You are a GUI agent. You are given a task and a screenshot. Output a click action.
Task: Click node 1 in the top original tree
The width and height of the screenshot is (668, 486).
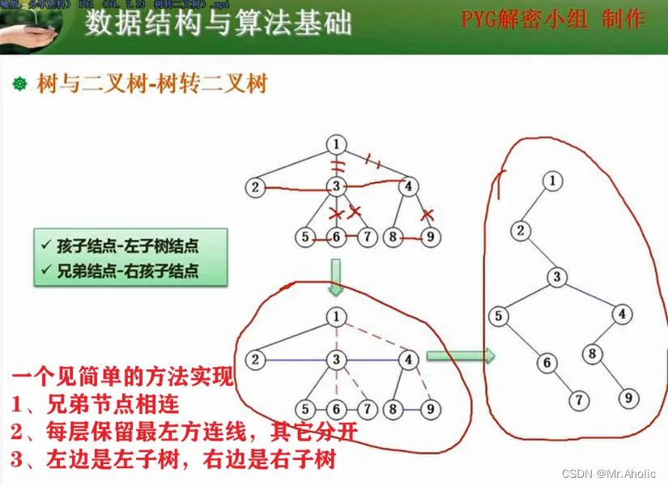336,144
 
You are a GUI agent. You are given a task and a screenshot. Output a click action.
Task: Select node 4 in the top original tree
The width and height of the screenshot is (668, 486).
409,186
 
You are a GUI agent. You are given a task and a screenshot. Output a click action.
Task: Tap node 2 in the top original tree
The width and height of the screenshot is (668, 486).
255,188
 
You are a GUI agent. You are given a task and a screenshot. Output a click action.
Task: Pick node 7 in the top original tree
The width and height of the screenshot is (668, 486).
368,237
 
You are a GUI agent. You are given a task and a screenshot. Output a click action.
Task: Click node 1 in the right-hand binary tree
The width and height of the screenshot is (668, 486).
553,181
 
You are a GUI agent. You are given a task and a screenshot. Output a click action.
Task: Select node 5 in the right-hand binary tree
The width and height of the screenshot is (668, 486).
500,315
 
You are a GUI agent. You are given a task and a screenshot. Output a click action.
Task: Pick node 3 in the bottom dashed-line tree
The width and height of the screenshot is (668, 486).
336,359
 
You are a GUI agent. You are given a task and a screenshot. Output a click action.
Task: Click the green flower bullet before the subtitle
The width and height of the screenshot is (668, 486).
21,83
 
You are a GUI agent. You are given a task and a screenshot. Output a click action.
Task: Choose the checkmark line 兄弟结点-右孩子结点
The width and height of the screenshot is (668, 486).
130,271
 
